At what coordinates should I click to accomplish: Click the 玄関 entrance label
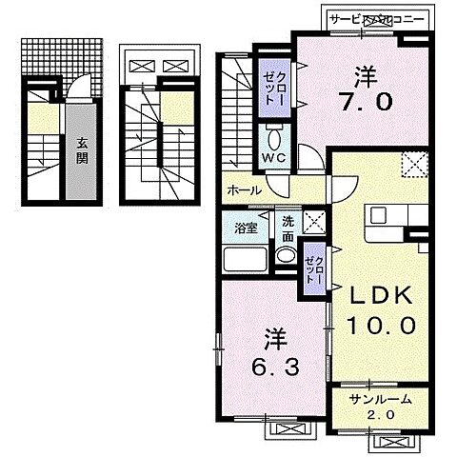point(82,151)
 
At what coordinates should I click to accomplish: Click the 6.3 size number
point(277,367)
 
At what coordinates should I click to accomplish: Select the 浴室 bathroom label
point(245,228)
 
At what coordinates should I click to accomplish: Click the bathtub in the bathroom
point(242,260)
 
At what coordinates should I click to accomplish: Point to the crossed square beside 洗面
point(315,225)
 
